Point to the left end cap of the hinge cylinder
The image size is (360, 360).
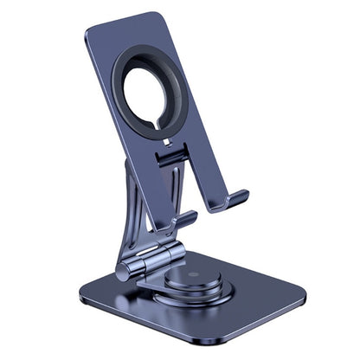123,271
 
